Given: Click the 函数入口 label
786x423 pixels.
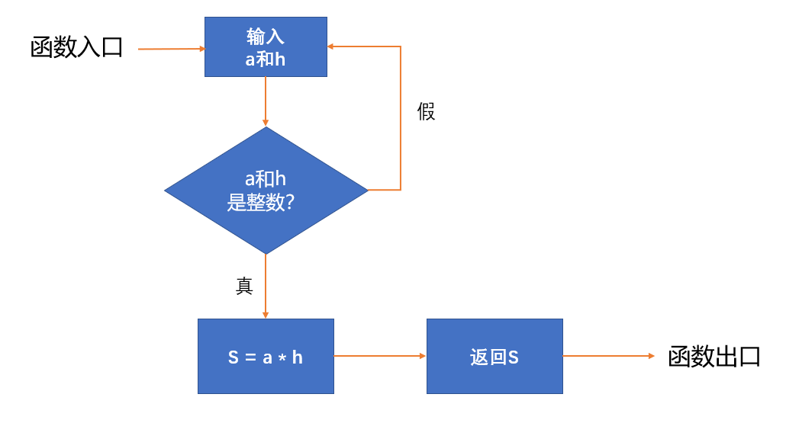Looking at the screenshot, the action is click(77, 47).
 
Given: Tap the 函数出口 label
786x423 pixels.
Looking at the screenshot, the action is click(714, 357).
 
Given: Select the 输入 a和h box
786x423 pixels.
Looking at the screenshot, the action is click(266, 46).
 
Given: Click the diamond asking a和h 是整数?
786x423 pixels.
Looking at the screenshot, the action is click(266, 191).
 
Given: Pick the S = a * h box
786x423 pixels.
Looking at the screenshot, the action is click(266, 357).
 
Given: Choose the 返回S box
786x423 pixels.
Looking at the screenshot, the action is click(494, 357).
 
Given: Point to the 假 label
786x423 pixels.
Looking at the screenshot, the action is click(426, 111).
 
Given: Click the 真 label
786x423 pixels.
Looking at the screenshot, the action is click(244, 286).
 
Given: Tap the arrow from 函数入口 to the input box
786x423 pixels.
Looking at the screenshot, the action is click(172, 49).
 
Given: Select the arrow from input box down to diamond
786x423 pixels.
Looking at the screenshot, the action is click(266, 101).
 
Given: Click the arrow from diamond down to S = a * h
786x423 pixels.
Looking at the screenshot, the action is click(266, 287).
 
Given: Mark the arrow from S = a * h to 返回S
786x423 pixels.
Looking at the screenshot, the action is click(380, 356).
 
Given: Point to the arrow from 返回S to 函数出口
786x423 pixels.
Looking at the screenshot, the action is click(608, 356).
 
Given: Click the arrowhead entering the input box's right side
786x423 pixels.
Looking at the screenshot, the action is click(331, 46).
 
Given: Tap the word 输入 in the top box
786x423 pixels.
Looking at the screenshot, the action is click(266, 37).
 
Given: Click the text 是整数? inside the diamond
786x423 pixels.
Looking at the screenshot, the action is click(261, 202).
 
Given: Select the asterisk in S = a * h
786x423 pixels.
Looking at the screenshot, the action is click(282, 358).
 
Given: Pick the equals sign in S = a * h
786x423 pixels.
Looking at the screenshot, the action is click(250, 357).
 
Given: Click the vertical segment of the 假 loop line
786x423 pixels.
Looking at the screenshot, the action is click(401, 118).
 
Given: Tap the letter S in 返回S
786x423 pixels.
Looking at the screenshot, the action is click(514, 357).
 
